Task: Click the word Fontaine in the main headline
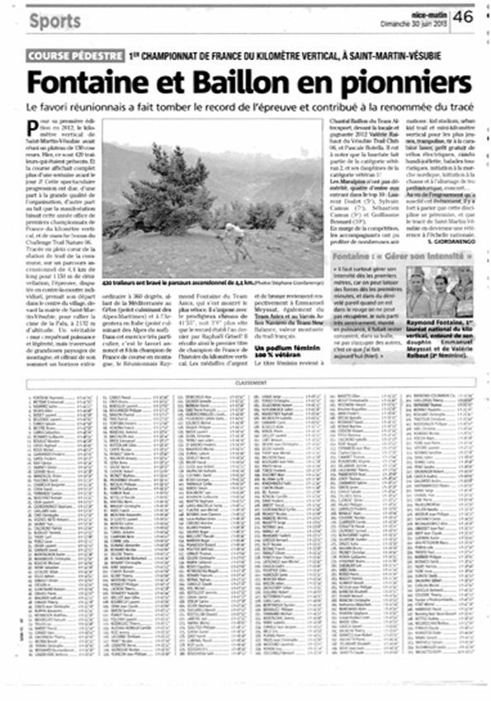[87, 82]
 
